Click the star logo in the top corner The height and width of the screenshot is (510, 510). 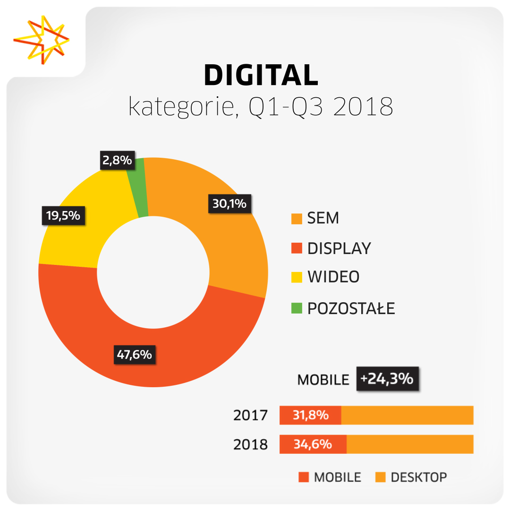(x=41, y=40)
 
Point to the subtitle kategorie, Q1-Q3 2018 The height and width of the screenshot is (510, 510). (x=261, y=107)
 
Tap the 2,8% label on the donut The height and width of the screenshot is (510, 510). (x=117, y=161)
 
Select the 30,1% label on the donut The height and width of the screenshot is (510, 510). (x=229, y=204)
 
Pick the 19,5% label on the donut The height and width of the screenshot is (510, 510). (x=63, y=216)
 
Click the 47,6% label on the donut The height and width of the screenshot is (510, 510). (x=135, y=355)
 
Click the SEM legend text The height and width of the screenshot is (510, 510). (x=323, y=219)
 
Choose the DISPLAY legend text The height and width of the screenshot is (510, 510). (x=339, y=248)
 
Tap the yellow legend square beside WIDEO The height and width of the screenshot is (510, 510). (x=297, y=278)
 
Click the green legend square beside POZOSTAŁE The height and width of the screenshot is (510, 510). (x=297, y=309)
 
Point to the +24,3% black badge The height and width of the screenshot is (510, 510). (x=387, y=379)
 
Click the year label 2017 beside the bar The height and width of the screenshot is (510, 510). (x=250, y=416)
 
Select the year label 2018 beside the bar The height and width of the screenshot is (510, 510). (x=250, y=444)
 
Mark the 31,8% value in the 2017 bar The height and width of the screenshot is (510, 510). (x=310, y=416)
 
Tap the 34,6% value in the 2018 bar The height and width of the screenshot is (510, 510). (x=313, y=444)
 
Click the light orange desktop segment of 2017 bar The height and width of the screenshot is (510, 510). (x=407, y=416)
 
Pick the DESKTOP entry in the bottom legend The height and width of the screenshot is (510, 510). (x=418, y=477)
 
